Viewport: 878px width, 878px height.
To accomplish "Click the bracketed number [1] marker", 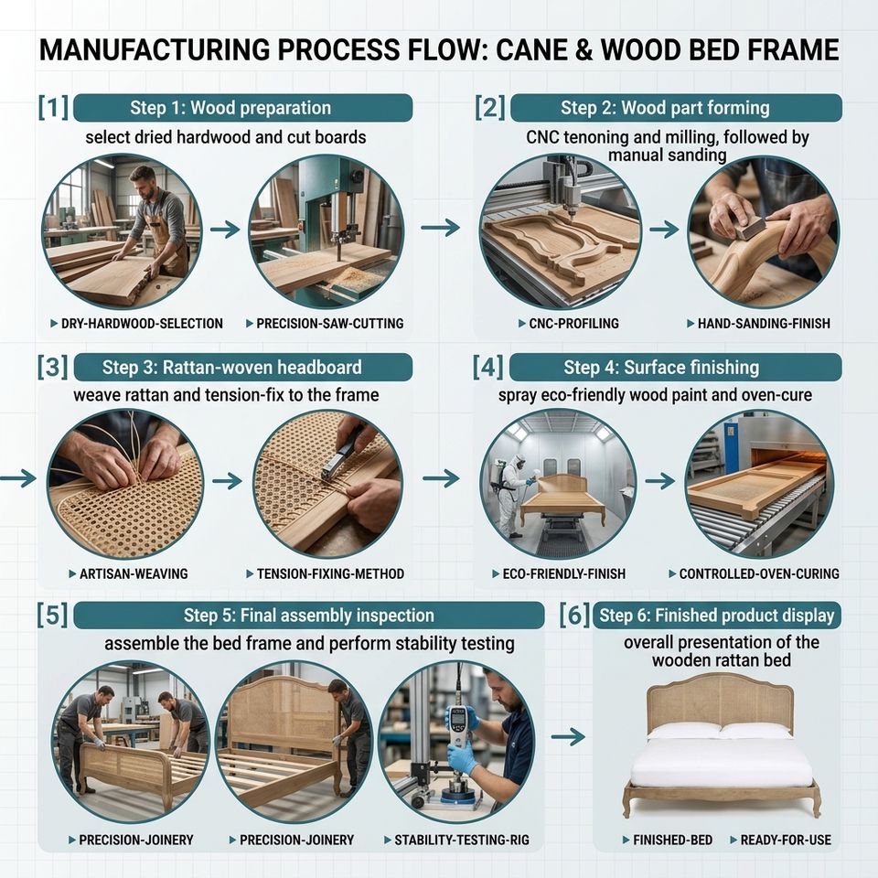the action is coord(53,108).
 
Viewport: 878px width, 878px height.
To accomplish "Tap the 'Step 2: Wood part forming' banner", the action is coord(676,108).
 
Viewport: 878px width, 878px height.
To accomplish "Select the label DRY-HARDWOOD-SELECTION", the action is coord(142,323).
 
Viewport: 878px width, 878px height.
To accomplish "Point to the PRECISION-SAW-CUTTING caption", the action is coord(330,323).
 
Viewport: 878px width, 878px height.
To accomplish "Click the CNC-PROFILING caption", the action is coord(574,323).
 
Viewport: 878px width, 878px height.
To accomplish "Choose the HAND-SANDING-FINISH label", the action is coord(764,323).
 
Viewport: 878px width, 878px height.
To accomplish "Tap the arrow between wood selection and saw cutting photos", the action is coord(225,229).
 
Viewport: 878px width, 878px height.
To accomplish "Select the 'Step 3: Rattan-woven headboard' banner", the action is coord(242,368).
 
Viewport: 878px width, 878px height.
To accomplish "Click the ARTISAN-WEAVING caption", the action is coord(134,573).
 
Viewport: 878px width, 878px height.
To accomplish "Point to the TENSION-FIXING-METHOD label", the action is coord(330,573).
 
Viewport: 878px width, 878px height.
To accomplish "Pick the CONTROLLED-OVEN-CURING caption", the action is coord(759,573).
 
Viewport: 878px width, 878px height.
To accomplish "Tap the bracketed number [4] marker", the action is coord(487,368).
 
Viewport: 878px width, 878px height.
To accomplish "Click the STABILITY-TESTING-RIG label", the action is coord(462,840).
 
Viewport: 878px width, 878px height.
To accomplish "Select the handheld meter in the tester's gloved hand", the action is coord(458,724).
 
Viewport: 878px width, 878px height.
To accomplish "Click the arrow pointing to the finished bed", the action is coord(568,737).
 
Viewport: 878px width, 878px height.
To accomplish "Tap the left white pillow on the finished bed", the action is coord(684,731).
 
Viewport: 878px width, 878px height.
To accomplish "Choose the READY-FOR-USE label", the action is coord(786,840).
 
